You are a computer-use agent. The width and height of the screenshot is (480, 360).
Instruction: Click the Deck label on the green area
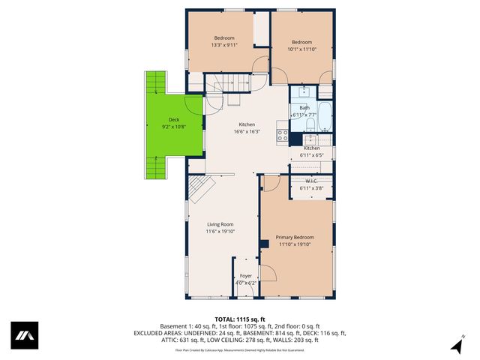pyautogui.click(x=173, y=120)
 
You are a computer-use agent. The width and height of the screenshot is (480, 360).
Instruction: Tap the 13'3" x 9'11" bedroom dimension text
pyautogui.click(x=223, y=45)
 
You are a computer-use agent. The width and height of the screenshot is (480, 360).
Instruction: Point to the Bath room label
pyautogui.click(x=304, y=108)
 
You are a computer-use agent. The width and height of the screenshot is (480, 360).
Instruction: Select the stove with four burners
pyautogui.click(x=283, y=136)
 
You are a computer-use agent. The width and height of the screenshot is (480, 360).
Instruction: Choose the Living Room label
pyautogui.click(x=220, y=224)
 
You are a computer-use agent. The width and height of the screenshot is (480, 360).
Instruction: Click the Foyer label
pyautogui.click(x=246, y=277)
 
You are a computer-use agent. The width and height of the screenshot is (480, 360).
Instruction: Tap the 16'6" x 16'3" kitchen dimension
pyautogui.click(x=247, y=132)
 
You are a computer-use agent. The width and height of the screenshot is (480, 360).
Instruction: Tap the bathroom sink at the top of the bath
pyautogui.click(x=305, y=92)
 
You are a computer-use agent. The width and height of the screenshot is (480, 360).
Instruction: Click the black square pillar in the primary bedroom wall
pyautogui.click(x=264, y=242)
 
